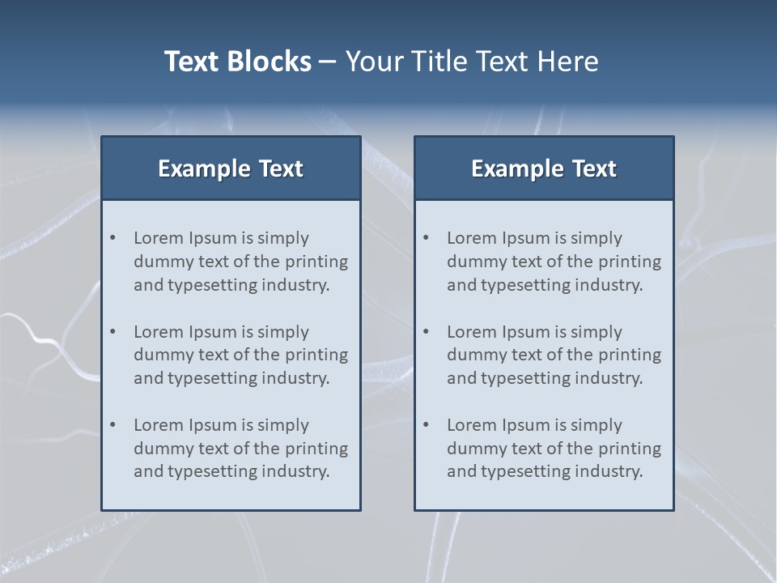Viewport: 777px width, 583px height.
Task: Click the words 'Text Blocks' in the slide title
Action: click(237, 62)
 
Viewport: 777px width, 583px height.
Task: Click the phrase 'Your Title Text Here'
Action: click(472, 62)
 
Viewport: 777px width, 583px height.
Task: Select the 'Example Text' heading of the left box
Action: click(231, 168)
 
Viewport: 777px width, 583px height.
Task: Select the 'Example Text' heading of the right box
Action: click(544, 168)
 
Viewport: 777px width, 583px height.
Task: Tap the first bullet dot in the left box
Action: click(113, 238)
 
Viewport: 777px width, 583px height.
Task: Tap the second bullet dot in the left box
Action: click(113, 332)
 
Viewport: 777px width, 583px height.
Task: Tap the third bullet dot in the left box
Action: click(113, 425)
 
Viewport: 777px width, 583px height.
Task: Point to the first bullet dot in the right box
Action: click(426, 238)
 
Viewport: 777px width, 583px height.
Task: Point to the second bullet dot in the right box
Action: click(426, 332)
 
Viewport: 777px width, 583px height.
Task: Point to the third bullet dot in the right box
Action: click(426, 425)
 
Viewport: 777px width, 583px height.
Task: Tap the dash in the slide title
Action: click(328, 62)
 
